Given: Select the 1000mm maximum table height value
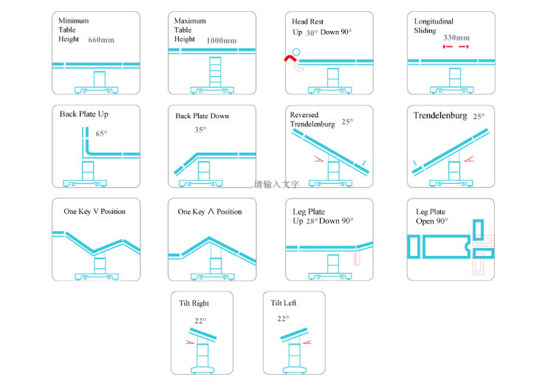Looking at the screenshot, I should coord(222,41).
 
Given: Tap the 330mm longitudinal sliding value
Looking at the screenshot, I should coord(456,37).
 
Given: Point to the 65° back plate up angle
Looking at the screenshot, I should coord(101,134).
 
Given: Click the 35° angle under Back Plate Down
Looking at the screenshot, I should coord(199,130).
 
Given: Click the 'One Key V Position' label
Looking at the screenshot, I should coord(95,212).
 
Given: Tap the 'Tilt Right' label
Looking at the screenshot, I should coord(194,303).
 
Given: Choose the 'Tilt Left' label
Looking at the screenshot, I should coord(284,303).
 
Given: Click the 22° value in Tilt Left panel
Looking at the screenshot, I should coord(283,319).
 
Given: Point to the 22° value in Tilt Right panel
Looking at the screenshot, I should coord(200,321).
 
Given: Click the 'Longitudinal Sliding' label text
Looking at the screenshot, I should coord(434,27).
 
